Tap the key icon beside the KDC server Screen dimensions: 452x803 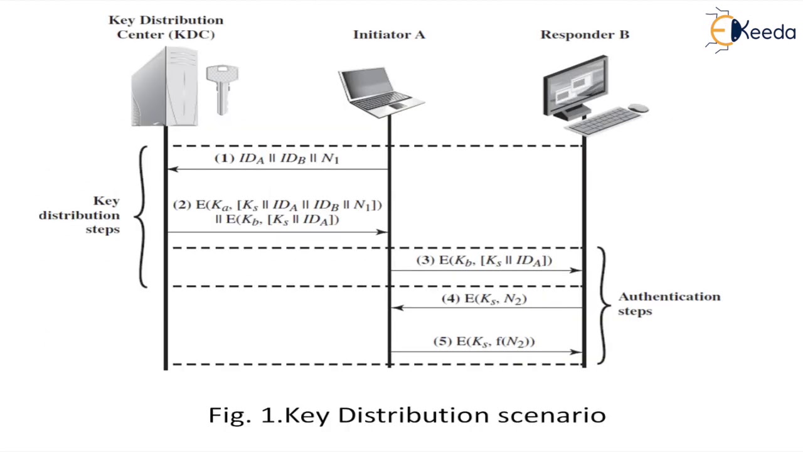pos(221,89)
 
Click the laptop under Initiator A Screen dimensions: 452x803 pos(379,92)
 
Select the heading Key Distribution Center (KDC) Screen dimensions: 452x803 pos(166,27)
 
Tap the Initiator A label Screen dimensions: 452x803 pos(389,35)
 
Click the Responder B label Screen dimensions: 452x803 pos(585,35)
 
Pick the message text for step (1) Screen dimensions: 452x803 pos(277,158)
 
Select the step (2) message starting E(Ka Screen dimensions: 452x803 pos(277,212)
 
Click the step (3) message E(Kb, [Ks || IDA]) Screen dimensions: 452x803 pos(484,261)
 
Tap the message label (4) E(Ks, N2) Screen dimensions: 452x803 pos(484,299)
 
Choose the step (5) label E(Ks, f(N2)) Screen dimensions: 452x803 pos(484,342)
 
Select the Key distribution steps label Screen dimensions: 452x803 pos(80,215)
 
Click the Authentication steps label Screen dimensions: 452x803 pos(669,303)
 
